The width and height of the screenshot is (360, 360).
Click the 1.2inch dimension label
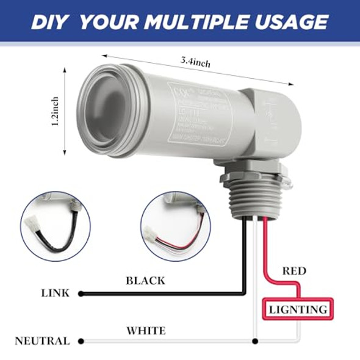click(55, 112)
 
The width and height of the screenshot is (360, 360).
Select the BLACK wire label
click(145, 281)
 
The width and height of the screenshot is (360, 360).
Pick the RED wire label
click(295, 270)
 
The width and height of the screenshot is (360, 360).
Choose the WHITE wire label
click(146, 331)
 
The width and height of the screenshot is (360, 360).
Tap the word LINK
click(56, 293)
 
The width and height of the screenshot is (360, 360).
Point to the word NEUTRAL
click(42, 341)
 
